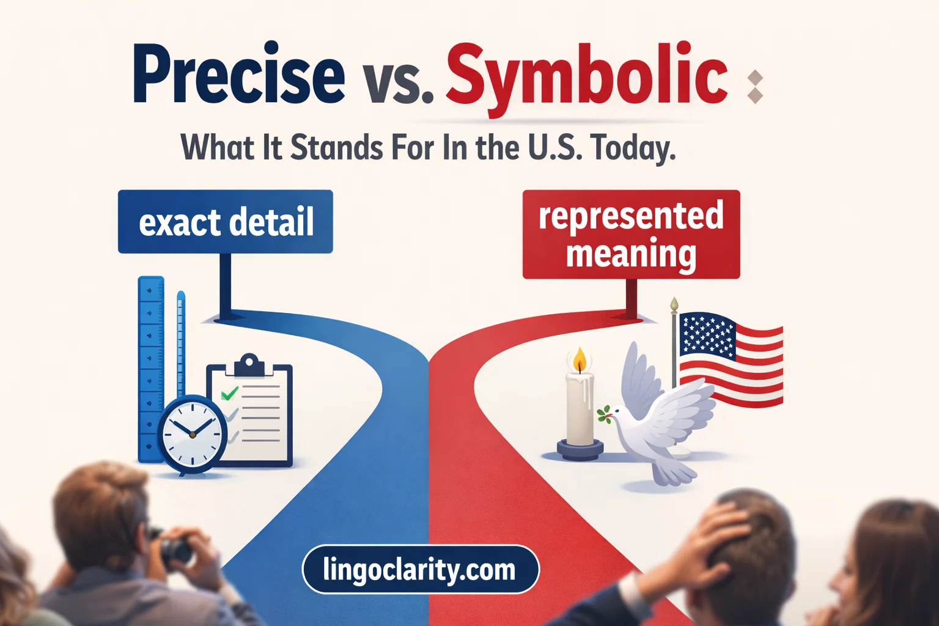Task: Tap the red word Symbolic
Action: click(587, 76)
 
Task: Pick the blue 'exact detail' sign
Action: click(226, 221)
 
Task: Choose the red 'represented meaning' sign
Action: click(631, 235)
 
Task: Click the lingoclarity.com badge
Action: click(420, 569)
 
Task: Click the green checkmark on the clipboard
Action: click(229, 392)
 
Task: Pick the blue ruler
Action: click(150, 367)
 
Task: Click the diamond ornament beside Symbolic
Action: click(755, 87)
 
